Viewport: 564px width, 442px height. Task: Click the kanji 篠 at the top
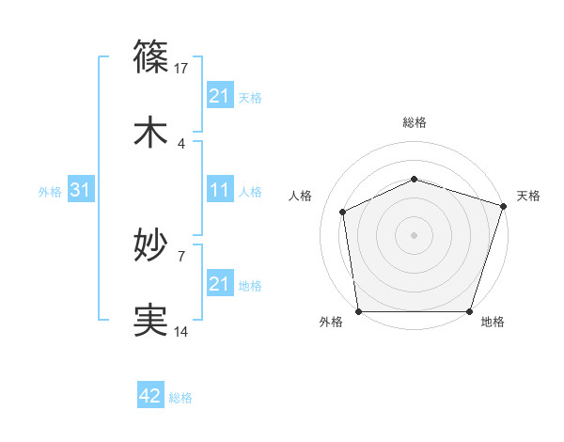click(x=151, y=55)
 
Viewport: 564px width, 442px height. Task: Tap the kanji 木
click(x=151, y=133)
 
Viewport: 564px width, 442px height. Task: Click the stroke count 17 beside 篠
click(x=182, y=69)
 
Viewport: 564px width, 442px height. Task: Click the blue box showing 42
click(x=150, y=396)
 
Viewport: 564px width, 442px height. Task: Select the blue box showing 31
click(x=81, y=190)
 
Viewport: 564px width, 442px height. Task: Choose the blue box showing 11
click(x=220, y=190)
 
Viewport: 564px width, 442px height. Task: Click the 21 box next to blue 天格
click(x=220, y=96)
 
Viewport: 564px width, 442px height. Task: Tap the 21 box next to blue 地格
click(x=220, y=284)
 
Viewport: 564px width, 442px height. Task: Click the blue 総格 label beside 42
click(x=180, y=398)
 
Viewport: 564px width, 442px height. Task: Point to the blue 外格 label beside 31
click(x=50, y=191)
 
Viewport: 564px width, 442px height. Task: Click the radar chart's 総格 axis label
click(x=415, y=122)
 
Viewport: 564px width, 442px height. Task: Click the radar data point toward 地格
click(x=470, y=311)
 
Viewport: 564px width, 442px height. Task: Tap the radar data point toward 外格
click(x=358, y=311)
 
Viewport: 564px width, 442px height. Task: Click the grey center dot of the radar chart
click(x=415, y=234)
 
